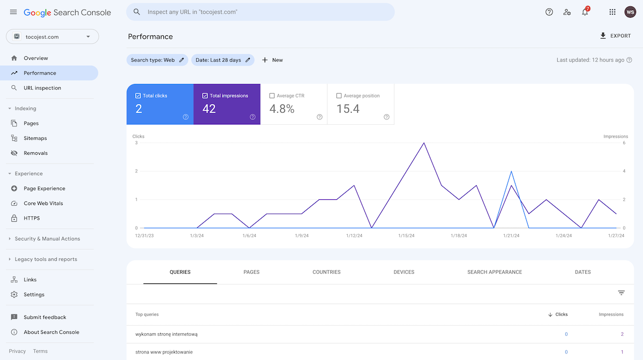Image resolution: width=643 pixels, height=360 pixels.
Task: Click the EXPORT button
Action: pyautogui.click(x=615, y=36)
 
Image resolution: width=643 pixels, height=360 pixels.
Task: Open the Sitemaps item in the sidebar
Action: pyautogui.click(x=35, y=138)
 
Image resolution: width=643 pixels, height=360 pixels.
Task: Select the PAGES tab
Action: pyautogui.click(x=251, y=272)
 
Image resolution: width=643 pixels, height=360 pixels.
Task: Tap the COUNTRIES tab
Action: pyautogui.click(x=326, y=272)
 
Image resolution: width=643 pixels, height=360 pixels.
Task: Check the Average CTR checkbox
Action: pyautogui.click(x=272, y=96)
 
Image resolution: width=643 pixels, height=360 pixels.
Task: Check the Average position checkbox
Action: pyautogui.click(x=339, y=96)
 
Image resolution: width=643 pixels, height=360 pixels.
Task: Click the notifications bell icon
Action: pyautogui.click(x=585, y=12)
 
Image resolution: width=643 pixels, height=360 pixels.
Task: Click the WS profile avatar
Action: pyautogui.click(x=630, y=12)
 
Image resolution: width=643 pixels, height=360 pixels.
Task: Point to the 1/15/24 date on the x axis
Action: pyautogui.click(x=406, y=236)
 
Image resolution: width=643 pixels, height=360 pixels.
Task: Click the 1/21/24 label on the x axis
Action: pyautogui.click(x=511, y=236)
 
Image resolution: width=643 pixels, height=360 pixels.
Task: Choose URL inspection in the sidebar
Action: pyautogui.click(x=42, y=88)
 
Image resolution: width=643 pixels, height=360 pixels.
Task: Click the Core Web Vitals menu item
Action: pyautogui.click(x=43, y=204)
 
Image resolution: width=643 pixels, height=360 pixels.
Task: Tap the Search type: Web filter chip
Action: pyautogui.click(x=157, y=60)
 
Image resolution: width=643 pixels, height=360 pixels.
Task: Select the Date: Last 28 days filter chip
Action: pyautogui.click(x=222, y=60)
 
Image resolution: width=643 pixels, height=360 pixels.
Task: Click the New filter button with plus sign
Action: pyautogui.click(x=272, y=60)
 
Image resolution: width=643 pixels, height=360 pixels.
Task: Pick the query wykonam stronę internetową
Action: pyautogui.click(x=167, y=334)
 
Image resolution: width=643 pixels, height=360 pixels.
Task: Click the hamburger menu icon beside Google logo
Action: pyautogui.click(x=13, y=12)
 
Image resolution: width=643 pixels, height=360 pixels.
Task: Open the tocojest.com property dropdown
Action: pyautogui.click(x=53, y=36)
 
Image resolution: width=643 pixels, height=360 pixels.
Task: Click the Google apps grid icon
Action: pyautogui.click(x=612, y=12)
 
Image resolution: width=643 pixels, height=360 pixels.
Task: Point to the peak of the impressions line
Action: pyautogui.click(x=424, y=143)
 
